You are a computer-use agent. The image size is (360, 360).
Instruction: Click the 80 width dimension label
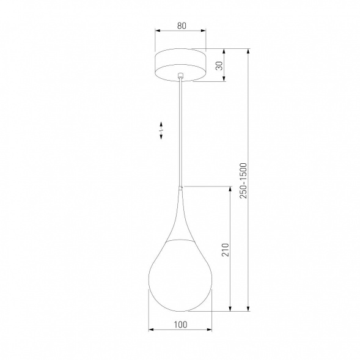181,26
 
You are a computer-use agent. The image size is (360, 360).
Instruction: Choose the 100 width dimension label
180,325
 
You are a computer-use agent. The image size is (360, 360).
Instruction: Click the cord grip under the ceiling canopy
180,76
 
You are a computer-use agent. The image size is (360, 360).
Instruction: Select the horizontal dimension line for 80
181,32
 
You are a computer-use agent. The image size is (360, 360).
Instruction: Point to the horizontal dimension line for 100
180,331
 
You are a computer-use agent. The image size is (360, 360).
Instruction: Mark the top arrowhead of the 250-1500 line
248,52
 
